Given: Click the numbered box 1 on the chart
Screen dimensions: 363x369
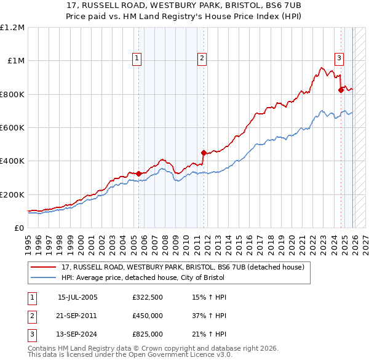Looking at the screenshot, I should pos(137,58).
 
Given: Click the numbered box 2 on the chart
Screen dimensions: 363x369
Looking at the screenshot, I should pos(202,58).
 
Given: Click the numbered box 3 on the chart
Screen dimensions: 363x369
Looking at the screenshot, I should pos(339,58).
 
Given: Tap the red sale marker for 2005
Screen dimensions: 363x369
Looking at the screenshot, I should pos(138,174).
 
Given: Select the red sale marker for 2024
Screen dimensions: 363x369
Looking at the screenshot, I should pos(341,90).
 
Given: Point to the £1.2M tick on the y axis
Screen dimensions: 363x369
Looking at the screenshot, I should pos(12,28).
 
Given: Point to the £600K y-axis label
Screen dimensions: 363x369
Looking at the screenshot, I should pos(12,128).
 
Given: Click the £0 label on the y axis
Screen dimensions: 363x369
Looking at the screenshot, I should pos(18,228).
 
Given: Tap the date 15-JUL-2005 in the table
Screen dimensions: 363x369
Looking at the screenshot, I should pos(77,297).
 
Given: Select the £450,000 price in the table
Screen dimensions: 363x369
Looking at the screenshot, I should pos(148,316).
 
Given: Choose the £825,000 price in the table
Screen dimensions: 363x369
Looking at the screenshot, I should pos(148,334).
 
